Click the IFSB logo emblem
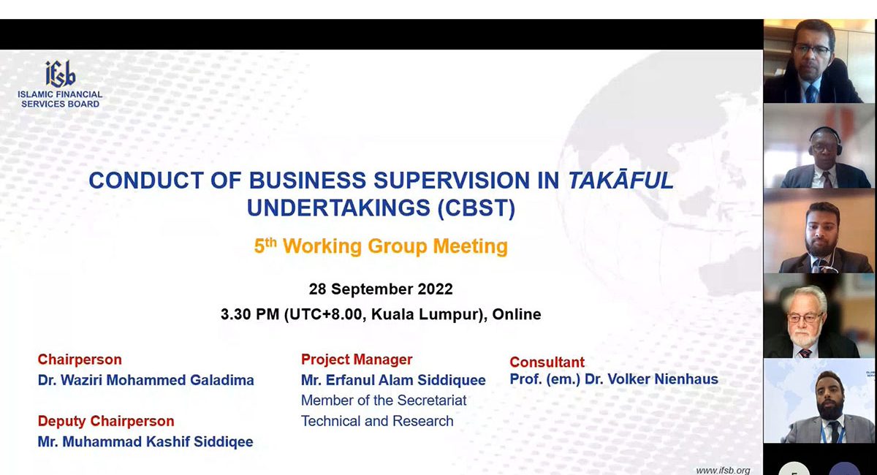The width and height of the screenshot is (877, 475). click(60, 74)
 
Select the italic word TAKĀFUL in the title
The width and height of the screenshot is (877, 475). click(620, 180)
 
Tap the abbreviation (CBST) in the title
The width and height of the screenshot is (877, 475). click(476, 208)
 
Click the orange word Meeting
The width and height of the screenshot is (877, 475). click(470, 246)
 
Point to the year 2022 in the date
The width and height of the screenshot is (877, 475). click(435, 289)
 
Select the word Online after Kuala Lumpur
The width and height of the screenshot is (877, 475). click(517, 314)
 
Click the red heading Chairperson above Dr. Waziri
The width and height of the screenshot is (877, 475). click(80, 360)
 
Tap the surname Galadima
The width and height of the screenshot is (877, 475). click(222, 380)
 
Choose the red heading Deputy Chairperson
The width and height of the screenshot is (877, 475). click(106, 421)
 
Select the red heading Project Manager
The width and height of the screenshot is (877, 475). click(357, 360)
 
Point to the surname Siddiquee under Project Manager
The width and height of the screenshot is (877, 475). click(452, 380)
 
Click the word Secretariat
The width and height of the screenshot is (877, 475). click(431, 400)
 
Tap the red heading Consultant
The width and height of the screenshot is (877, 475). click(547, 362)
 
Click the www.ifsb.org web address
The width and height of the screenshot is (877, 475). click(723, 471)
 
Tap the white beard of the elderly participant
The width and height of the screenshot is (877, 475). click(803, 338)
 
